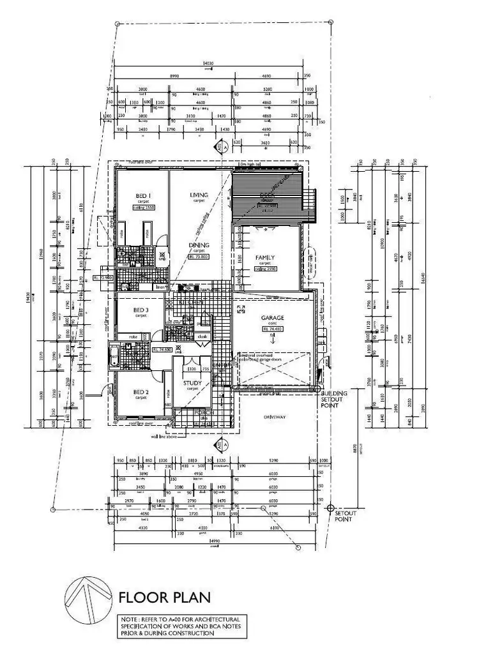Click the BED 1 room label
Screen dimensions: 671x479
pyautogui.click(x=142, y=195)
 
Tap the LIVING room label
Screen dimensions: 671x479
pyautogui.click(x=200, y=195)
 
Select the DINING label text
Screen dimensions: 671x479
pyautogui.click(x=199, y=245)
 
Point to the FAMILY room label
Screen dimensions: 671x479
pyautogui.click(x=264, y=257)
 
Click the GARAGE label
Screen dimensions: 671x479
pyautogui.click(x=272, y=318)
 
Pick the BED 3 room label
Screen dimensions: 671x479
pyautogui.click(x=141, y=310)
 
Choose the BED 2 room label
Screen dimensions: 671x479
pyautogui.click(x=141, y=391)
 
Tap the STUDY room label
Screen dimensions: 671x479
pyautogui.click(x=192, y=384)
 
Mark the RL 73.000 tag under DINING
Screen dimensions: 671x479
pyautogui.click(x=199, y=257)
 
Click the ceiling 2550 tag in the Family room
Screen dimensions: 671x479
pyautogui.click(x=264, y=269)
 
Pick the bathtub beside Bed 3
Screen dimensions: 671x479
pyautogui.click(x=114, y=355)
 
